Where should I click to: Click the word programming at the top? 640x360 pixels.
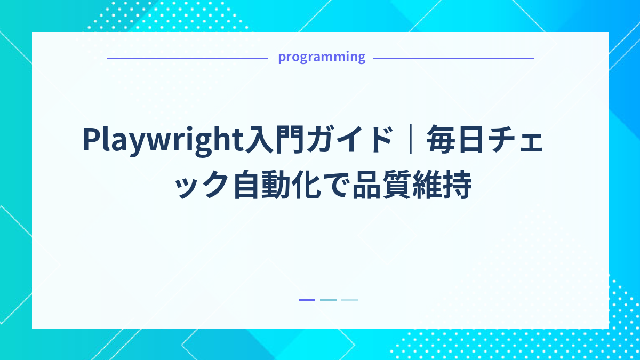(322, 57)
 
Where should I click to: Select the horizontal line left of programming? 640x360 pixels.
(187, 58)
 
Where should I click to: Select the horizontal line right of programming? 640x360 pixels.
(453, 58)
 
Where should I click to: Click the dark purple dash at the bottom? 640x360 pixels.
(307, 300)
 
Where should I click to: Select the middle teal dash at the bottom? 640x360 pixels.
(328, 300)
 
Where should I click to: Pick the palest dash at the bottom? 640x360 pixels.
(349, 300)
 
